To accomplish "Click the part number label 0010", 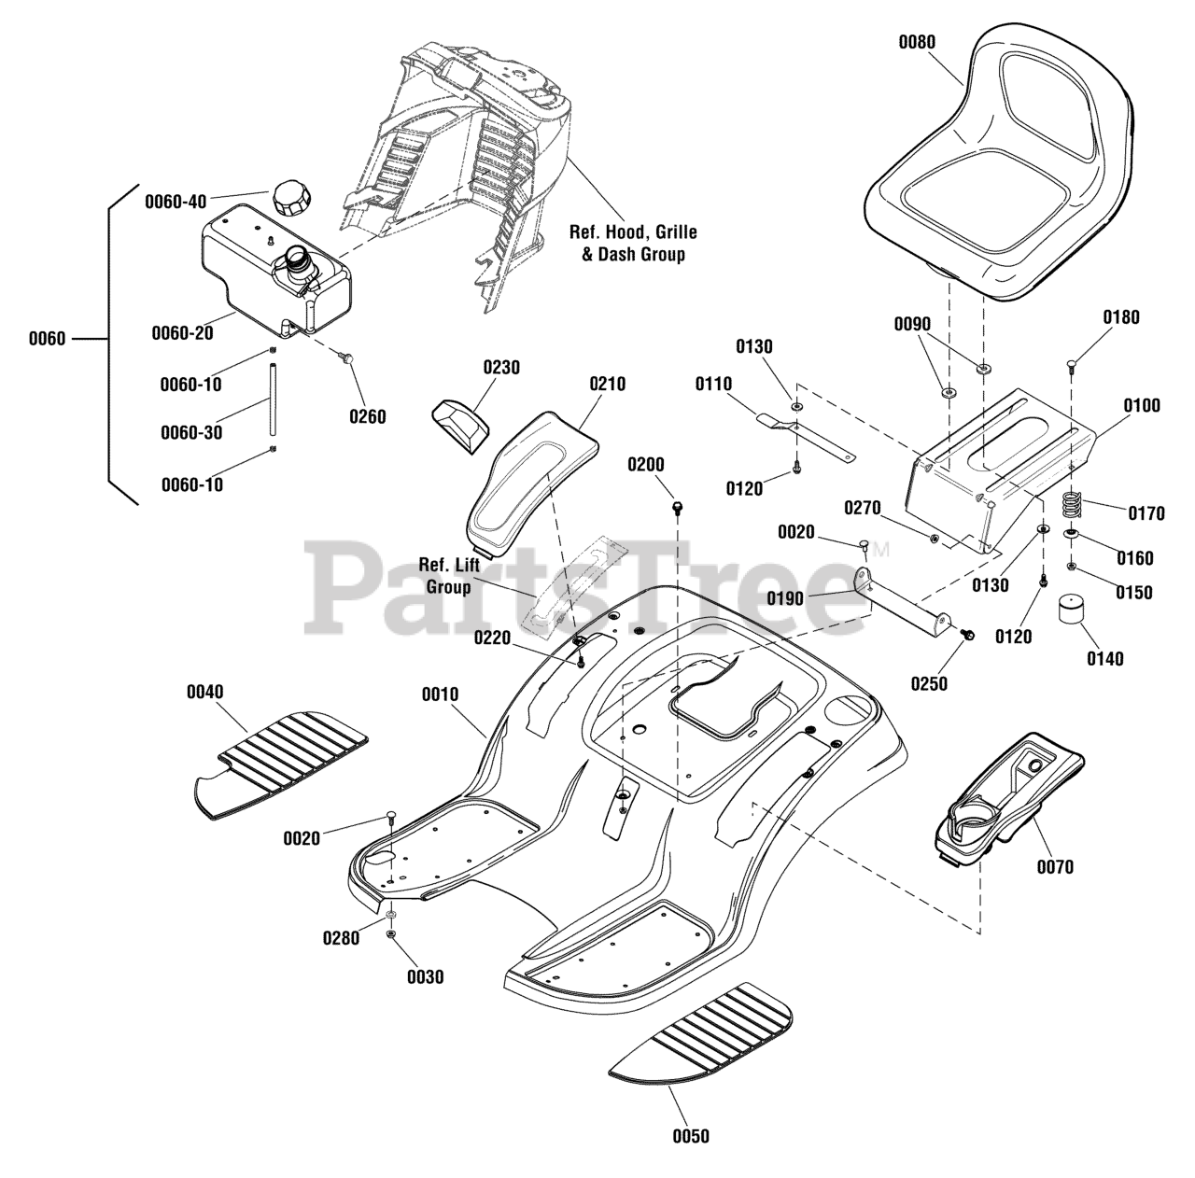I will point(440,694).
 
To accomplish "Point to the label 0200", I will point(646,465).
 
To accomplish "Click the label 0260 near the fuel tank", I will point(367,416).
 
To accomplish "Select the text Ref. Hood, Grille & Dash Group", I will point(633,243).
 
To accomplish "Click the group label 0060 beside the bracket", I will point(47,338).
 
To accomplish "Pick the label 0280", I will point(341,938).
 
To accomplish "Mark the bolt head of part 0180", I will point(1073,362).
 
